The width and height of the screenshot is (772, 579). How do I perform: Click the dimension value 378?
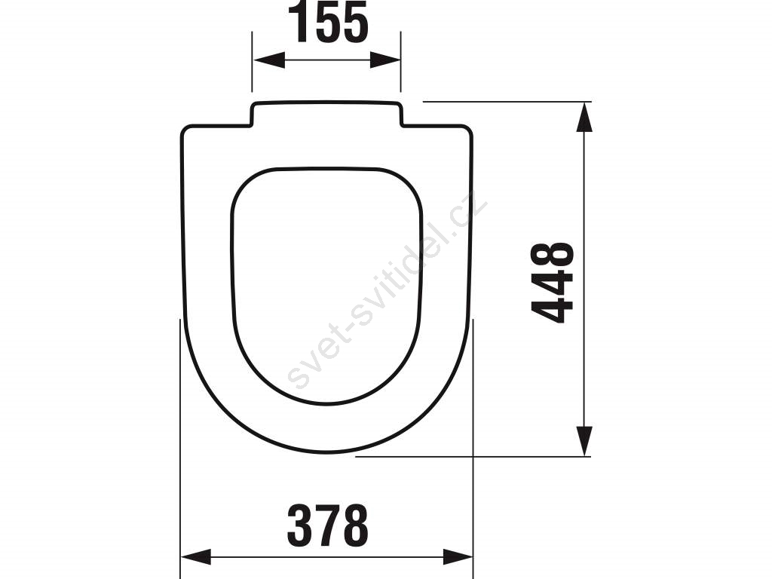coord(328,525)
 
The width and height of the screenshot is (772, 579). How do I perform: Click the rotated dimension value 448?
coord(553,283)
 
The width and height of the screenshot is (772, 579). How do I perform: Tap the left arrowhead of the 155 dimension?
coord(269,60)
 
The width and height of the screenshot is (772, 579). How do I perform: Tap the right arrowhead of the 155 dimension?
coord(385,60)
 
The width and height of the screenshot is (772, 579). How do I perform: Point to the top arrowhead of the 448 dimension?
coord(584,117)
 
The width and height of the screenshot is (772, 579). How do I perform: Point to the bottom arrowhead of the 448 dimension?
coord(584,440)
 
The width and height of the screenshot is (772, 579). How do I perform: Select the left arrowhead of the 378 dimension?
coord(196,557)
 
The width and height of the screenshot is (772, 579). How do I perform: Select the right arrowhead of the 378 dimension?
coord(458,557)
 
